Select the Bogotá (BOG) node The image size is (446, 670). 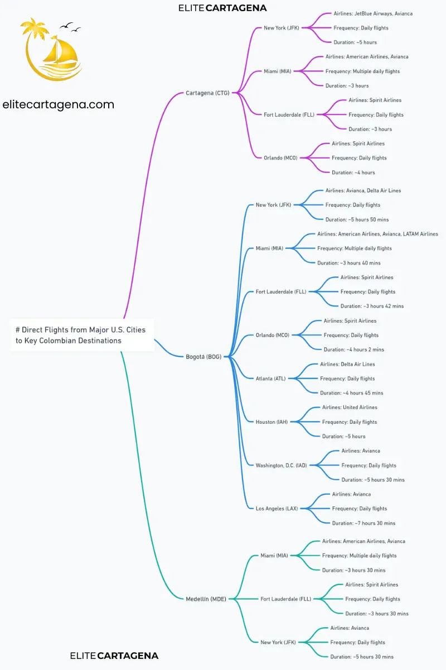coord(203,357)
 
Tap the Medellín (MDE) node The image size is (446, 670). coord(206,599)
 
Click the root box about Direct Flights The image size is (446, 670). coord(81,335)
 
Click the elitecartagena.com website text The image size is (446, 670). coord(59,104)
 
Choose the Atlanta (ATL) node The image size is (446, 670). coord(270,379)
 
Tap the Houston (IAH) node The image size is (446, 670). coord(272,422)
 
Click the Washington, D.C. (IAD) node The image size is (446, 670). coord(281,466)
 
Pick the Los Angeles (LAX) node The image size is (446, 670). coord(277,509)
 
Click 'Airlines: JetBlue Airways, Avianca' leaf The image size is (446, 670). coord(373,13)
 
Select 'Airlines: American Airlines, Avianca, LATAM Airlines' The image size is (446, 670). coord(377,234)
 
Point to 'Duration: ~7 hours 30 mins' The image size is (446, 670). coord(363,523)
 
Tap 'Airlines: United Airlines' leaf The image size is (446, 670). coord(350,408)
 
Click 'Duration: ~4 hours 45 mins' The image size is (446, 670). coord(351,393)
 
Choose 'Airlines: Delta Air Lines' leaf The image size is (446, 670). coord(347,364)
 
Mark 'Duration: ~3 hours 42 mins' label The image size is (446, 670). coord(372,306)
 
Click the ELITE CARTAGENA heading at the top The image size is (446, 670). coord(222,8)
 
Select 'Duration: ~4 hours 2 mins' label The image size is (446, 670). coord(353,350)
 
